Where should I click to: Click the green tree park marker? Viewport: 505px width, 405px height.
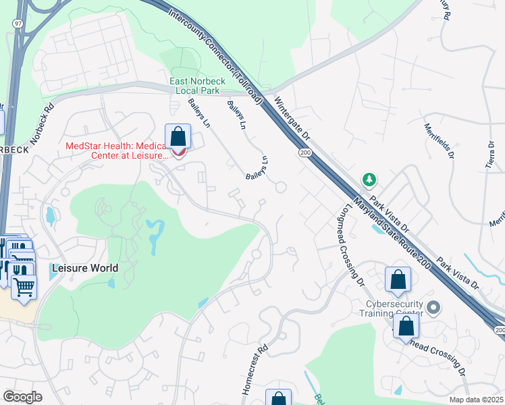[369, 180]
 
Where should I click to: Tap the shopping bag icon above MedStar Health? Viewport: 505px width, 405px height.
[178, 137]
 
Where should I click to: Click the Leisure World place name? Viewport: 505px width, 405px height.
[84, 268]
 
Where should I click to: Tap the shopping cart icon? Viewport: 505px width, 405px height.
[24, 287]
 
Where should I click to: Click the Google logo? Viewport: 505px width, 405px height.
[22, 396]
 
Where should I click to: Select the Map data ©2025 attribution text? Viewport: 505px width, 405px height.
[477, 400]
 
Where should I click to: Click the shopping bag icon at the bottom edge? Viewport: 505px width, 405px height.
[278, 398]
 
